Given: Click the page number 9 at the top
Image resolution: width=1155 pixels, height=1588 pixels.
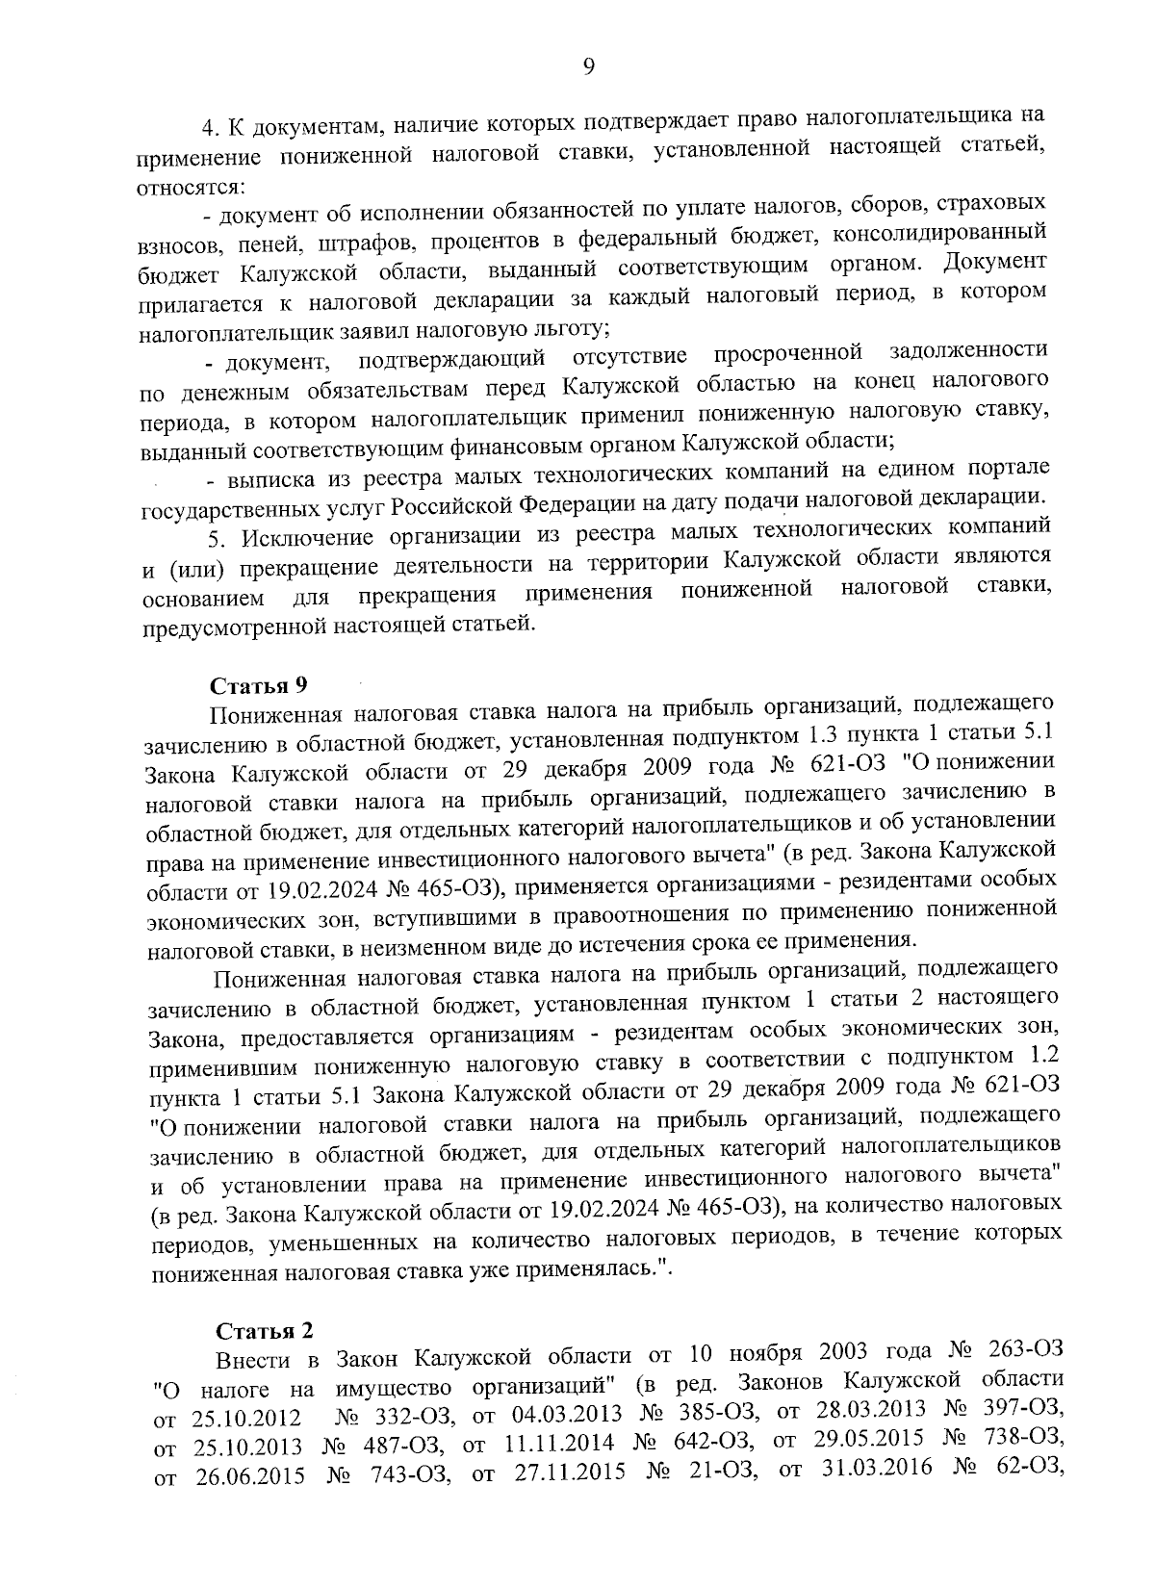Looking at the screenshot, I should [x=589, y=64].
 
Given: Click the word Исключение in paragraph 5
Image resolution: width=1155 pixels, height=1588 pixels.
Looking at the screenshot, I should [x=320, y=535].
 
